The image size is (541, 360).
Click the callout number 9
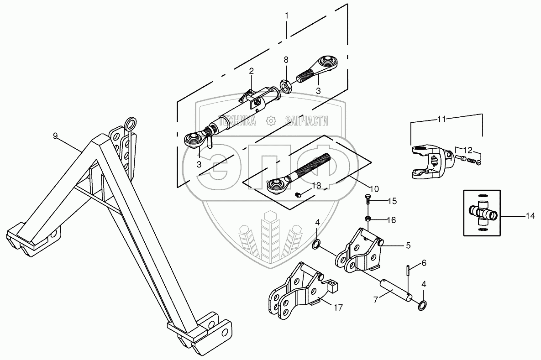(55, 135)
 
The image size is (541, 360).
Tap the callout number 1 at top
(287, 16)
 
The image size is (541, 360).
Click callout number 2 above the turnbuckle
(251, 71)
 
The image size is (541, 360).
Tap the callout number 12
(469, 150)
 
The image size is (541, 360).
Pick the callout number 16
(392, 220)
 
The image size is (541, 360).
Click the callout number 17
(338, 308)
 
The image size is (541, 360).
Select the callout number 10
(374, 188)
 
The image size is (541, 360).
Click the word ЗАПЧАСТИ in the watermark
(306, 120)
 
